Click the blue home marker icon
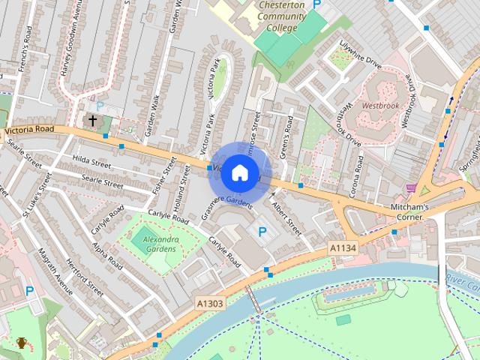pyautogui.click(x=239, y=172)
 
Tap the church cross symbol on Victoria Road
pyautogui.click(x=93, y=120)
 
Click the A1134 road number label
pyautogui.click(x=342, y=247)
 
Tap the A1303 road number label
pyautogui.click(x=209, y=303)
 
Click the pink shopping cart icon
pyautogui.click(x=410, y=188)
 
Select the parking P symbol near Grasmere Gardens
pyautogui.click(x=262, y=232)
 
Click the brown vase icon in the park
pyautogui.click(x=22, y=343)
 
